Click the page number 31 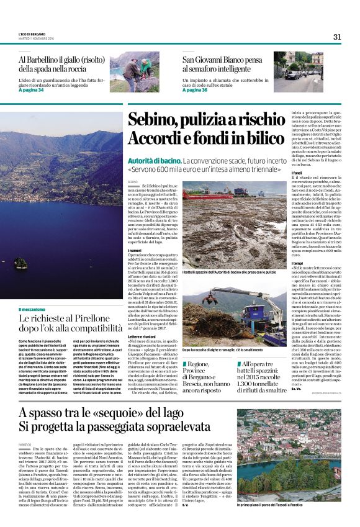click(337, 37)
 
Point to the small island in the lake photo click(20, 263)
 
